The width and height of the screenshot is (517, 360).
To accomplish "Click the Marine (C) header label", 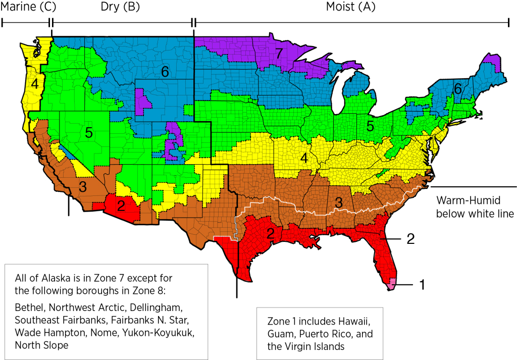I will [29, 7].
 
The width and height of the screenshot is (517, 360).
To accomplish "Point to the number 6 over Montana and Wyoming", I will [165, 72].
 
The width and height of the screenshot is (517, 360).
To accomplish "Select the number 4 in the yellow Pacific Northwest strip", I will [34, 84].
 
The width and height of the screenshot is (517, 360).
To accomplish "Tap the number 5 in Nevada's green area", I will [88, 133].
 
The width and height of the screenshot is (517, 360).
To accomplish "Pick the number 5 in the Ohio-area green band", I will [370, 127].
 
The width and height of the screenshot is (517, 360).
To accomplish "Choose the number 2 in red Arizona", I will [121, 206].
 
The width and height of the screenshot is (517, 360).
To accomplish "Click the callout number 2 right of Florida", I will [411, 239].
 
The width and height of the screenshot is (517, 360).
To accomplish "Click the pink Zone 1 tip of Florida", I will [390, 286].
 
